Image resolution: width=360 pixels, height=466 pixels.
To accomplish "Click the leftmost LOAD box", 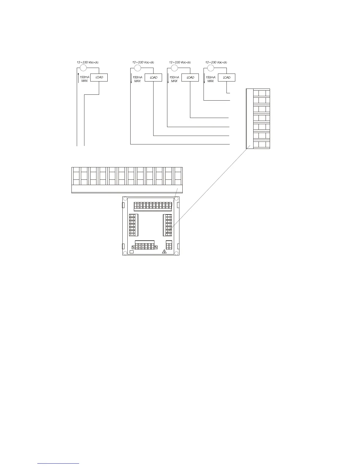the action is (99, 77).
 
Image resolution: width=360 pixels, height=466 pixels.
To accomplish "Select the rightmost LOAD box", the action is (226, 77).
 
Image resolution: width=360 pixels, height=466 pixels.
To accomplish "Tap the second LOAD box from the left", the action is (153, 77).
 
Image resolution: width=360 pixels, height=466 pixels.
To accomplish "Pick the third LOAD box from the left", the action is (190, 77).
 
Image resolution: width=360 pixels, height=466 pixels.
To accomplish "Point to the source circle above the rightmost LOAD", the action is (210, 68).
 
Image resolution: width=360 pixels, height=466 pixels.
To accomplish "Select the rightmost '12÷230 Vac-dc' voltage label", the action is (216, 62).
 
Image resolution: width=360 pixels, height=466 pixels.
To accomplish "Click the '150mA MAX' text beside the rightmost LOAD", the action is (211, 79).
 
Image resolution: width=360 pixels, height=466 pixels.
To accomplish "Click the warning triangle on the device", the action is (164, 252).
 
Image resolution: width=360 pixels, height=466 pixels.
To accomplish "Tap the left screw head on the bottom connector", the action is (134, 247).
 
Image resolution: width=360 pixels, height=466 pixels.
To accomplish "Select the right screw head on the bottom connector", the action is (156, 247).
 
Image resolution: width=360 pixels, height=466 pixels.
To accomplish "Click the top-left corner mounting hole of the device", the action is (125, 199).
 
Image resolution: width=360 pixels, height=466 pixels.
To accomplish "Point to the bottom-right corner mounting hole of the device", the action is (176, 253).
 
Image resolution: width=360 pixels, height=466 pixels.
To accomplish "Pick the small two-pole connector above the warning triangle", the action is (169, 245).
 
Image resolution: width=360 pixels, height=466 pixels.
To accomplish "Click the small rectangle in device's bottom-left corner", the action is (132, 252).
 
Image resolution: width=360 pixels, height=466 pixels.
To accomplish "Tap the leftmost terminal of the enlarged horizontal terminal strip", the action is (76, 176).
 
